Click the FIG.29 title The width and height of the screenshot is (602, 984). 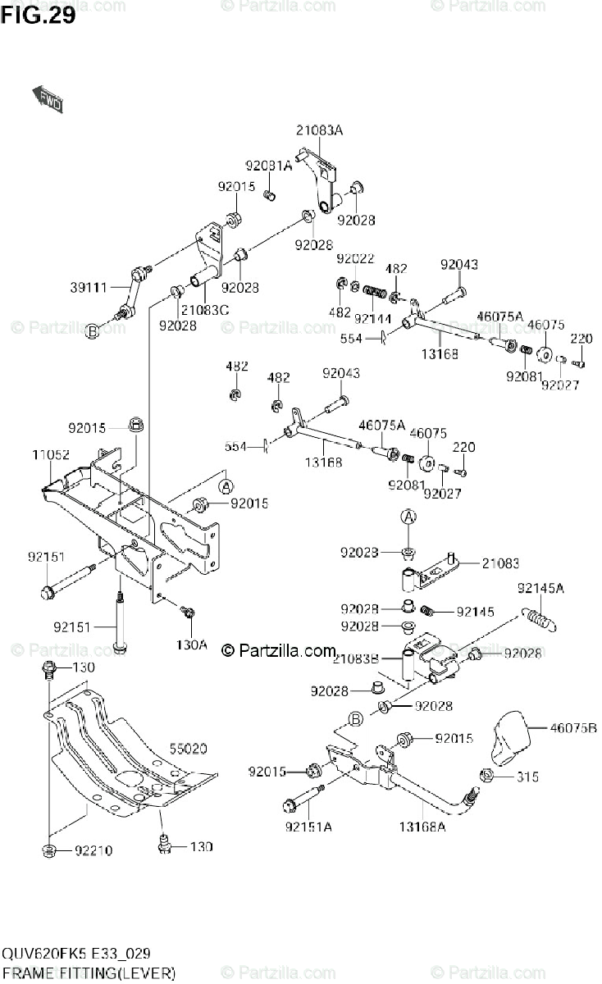39,15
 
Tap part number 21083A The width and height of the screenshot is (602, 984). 320,130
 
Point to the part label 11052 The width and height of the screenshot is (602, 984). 51,454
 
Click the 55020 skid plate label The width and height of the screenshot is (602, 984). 189,748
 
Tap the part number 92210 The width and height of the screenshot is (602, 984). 93,850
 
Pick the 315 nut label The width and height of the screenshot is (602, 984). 528,777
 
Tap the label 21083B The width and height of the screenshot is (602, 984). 357,656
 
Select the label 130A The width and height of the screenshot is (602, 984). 191,645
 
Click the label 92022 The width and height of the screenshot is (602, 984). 355,258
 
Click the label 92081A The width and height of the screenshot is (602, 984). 268,165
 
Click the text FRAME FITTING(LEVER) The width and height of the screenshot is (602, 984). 89,973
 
